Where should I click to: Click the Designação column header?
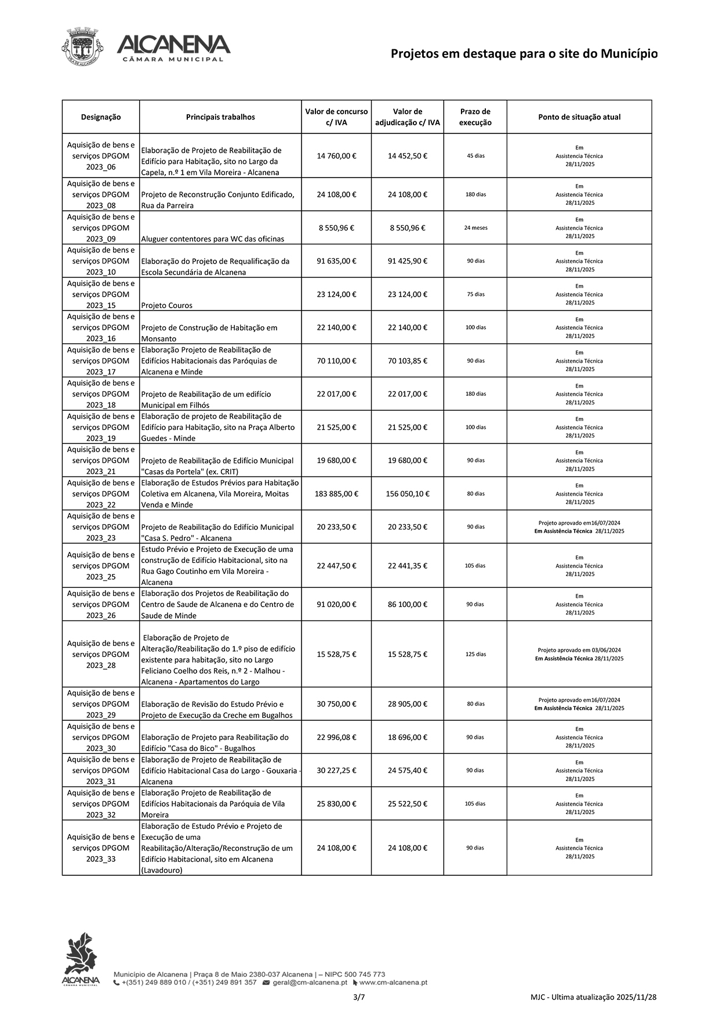pos(101,117)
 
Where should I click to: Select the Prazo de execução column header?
pos(475,117)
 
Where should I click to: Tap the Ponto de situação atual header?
pos(579,117)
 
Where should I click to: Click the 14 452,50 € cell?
pos(407,156)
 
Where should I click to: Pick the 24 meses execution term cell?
pos(475,228)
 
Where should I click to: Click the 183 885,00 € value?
pos(336,494)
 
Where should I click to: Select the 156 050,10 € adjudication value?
pos(407,494)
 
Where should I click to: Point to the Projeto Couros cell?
pos(167,305)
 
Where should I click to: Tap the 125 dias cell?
pos(475,655)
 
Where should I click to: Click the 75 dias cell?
pos(475,294)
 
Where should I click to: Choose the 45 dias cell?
pos(475,156)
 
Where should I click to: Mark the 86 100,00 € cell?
pos(407,605)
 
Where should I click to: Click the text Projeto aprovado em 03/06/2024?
pos(579,651)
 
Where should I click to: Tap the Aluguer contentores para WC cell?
pos(212,239)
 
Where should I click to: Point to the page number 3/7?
pos(359,997)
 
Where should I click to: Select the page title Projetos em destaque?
pos(524,54)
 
